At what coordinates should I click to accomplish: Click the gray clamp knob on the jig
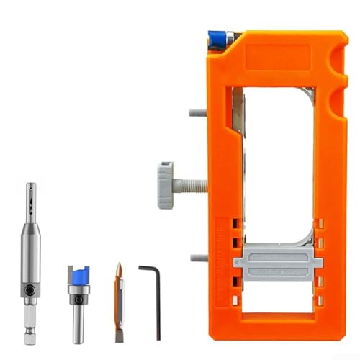(x=164, y=184)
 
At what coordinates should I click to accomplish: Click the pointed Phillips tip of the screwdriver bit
(x=118, y=269)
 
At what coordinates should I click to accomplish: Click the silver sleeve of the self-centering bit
(x=29, y=252)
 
